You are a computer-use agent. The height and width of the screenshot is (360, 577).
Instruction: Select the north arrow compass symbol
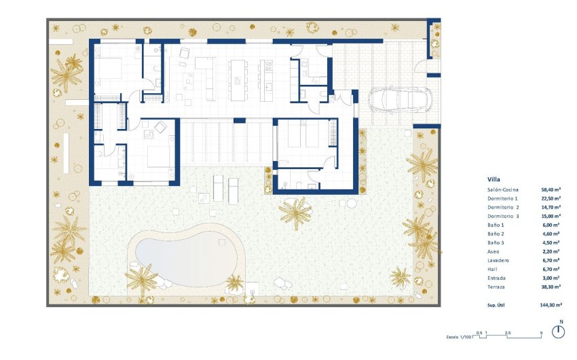click(x=559, y=331)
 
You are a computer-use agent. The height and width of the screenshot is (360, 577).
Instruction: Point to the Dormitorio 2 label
click(x=503, y=207)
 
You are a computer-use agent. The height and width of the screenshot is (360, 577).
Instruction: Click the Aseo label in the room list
click(x=494, y=251)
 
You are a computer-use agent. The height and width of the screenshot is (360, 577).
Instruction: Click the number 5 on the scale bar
click(x=541, y=334)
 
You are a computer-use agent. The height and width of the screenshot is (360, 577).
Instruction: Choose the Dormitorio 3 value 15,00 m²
click(x=551, y=216)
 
